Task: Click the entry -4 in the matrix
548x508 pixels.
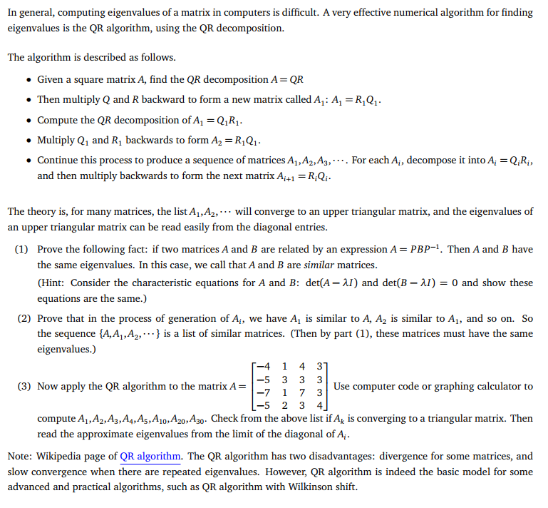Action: [263, 367]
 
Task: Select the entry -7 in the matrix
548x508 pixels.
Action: [263, 392]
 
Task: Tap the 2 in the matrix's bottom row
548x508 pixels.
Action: [285, 405]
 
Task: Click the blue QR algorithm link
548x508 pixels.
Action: [150, 456]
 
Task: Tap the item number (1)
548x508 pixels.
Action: [22, 250]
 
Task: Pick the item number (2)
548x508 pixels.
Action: [22, 318]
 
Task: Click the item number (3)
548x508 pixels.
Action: [22, 386]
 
